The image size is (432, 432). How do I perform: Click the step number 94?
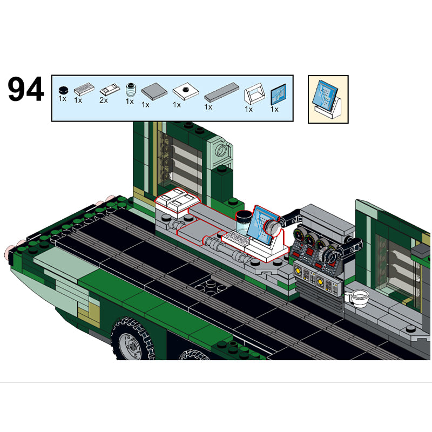pyautogui.click(x=25, y=89)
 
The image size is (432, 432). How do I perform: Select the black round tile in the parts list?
pyautogui.click(x=63, y=90)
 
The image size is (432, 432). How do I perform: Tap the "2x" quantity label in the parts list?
pyautogui.click(x=104, y=100)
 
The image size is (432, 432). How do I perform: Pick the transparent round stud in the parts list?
pyautogui.click(x=131, y=90)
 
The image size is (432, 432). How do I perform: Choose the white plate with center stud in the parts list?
pyautogui.click(x=186, y=91)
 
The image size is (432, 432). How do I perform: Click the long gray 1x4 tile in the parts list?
pyautogui.click(x=222, y=92)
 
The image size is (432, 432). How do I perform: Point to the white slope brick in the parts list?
pyautogui.click(x=254, y=93)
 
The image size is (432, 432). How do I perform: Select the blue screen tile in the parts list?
pyautogui.click(x=278, y=94)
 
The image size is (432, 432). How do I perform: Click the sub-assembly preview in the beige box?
pyautogui.click(x=328, y=99)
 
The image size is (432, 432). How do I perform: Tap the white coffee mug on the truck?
pyautogui.click(x=358, y=298)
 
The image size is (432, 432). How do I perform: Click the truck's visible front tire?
pyautogui.click(x=132, y=340)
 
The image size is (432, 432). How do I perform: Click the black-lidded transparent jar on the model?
pyautogui.click(x=244, y=222)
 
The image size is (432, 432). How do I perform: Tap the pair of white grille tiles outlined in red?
pyautogui.click(x=177, y=200)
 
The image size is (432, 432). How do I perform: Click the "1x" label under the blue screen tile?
pyautogui.click(x=274, y=110)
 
